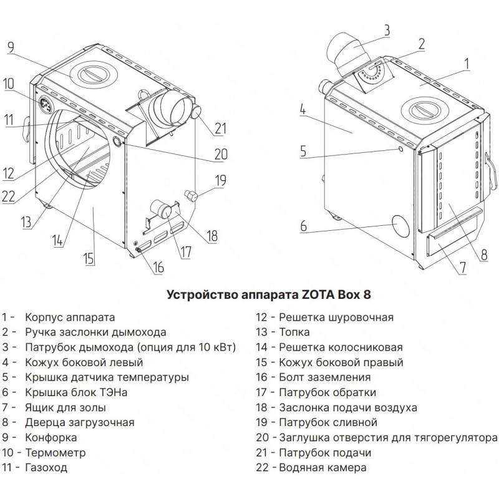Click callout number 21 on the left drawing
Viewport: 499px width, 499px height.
coord(220,128)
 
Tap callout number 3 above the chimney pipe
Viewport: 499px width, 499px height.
coord(386,30)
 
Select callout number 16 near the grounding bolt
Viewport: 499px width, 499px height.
coord(158,267)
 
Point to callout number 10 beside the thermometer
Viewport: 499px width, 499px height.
coord(9,84)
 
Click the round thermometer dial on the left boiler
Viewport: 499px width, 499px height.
coord(45,104)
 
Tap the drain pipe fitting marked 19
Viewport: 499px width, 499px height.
coord(192,195)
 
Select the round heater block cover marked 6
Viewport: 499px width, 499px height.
coord(400,226)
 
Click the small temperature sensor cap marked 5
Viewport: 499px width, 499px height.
coord(400,148)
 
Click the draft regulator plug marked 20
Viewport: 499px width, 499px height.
coord(117,142)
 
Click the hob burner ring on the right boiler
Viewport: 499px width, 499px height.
coord(425,110)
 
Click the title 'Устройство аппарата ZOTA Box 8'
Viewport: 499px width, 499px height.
coord(269,294)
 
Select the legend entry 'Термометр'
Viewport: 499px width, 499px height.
coord(56,452)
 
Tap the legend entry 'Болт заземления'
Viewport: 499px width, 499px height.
coord(324,377)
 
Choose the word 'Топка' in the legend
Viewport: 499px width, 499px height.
coord(294,332)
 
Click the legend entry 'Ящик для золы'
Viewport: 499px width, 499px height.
coord(65,408)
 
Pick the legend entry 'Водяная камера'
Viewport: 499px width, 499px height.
coord(322,467)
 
